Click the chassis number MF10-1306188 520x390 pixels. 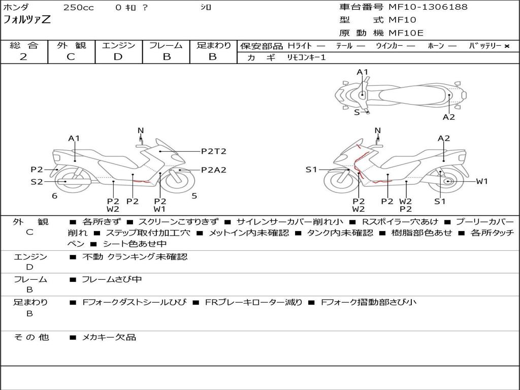coord(428,7)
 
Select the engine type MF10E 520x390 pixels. coord(406,33)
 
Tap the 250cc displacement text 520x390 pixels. coord(78,8)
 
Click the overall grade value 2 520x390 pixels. coord(23,57)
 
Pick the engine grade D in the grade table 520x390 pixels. coord(118,57)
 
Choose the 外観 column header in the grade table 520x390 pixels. coord(71,45)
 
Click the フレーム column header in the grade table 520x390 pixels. coord(166,45)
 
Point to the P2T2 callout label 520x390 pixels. coord(213,151)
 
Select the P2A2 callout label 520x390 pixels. coord(213,170)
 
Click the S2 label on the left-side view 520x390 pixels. coord(37,181)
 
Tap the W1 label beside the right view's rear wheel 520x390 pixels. coord(481,181)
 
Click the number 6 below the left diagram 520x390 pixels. coord(54,196)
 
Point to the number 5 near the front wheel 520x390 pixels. coord(194,196)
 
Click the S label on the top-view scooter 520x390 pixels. coord(356,112)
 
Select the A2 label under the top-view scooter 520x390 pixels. coord(449,117)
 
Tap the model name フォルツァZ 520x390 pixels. coord(27,20)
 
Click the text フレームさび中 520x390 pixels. coord(112,279)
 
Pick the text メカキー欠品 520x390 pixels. coord(109,337)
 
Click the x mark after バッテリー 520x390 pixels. coord(506,46)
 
